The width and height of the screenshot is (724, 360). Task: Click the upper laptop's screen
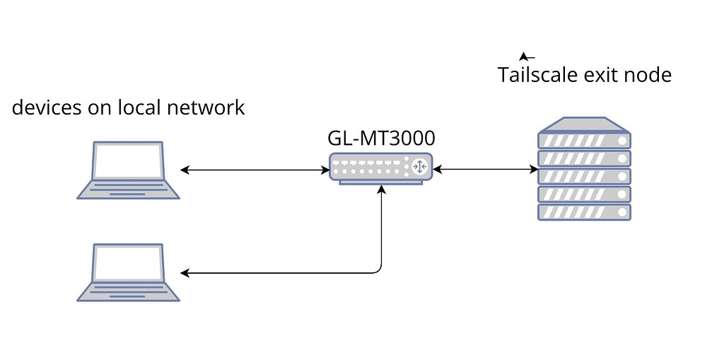128,161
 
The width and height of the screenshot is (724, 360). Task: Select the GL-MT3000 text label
381,138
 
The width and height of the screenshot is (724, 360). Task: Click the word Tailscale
538,75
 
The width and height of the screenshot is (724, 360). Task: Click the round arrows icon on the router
419,167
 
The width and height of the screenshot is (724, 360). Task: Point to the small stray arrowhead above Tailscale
525,56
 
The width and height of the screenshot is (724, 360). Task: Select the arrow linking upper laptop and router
255,170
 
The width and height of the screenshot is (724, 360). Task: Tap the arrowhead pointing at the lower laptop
185,273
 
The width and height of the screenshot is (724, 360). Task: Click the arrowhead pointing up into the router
382,190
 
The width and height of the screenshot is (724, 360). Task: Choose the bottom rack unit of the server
584,211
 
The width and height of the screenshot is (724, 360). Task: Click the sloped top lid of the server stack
584,124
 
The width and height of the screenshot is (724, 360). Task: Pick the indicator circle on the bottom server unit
622,211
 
